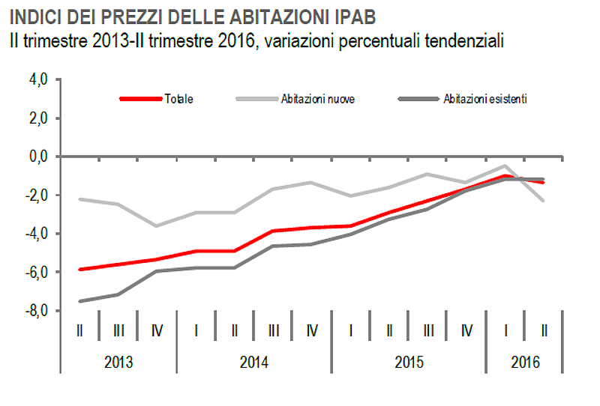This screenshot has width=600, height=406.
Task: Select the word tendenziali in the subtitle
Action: (460, 39)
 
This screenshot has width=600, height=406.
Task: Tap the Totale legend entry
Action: (178, 99)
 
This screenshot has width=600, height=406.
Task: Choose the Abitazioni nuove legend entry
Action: (317, 99)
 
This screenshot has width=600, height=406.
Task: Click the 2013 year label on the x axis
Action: (118, 363)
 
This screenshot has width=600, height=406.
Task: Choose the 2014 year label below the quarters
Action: (254, 363)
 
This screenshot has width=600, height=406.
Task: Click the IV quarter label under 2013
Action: (157, 330)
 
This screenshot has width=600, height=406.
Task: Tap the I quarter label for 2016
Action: (505, 330)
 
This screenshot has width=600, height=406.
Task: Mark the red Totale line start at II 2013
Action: (79, 269)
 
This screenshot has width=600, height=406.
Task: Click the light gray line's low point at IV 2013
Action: (157, 225)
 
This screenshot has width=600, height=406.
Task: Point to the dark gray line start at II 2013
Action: (79, 301)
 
